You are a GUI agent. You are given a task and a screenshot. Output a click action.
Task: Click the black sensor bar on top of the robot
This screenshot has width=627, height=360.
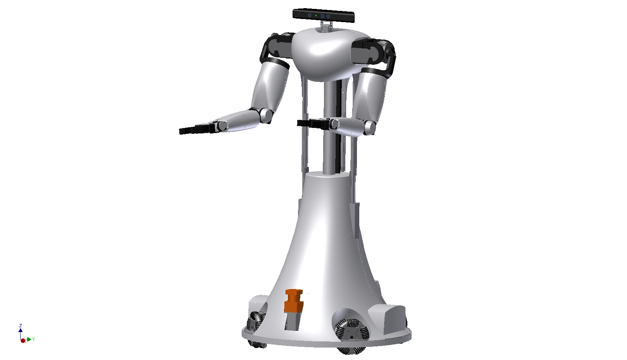pyautogui.click(x=324, y=16)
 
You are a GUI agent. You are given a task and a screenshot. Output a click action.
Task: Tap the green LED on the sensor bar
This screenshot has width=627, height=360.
pyautogui.click(x=316, y=16)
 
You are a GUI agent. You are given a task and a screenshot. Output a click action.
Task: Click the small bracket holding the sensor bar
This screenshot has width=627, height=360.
pyautogui.click(x=326, y=26)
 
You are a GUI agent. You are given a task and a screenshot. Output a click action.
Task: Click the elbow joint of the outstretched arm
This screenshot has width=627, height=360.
pyautogui.click(x=265, y=115)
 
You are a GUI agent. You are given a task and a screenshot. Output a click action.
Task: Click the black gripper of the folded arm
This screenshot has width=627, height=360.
pyautogui.click(x=313, y=123)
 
